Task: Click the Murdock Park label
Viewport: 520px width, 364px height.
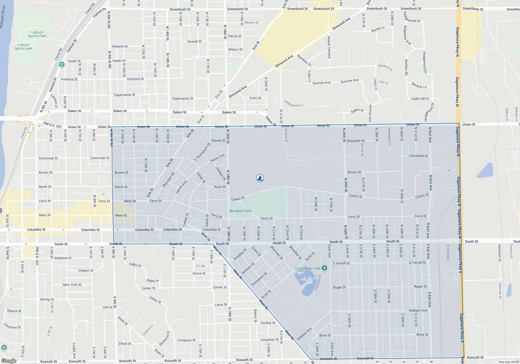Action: click(x=240, y=211)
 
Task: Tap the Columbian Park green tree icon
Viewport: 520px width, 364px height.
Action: click(x=324, y=268)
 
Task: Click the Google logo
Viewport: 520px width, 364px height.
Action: click(x=9, y=361)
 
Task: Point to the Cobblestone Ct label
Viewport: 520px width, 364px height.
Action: click(x=293, y=103)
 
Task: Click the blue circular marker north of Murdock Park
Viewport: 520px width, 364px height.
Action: click(x=260, y=178)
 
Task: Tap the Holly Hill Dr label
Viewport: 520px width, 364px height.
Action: click(x=420, y=99)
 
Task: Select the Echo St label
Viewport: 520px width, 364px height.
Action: click(x=255, y=98)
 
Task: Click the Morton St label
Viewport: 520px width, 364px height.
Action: click(x=251, y=23)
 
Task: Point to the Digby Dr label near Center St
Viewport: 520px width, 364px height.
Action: click(x=152, y=281)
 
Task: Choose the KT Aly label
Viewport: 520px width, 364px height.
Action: click(x=201, y=266)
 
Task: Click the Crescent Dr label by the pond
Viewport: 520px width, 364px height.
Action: click(x=318, y=283)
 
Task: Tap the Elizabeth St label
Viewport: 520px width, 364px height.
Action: click(x=355, y=141)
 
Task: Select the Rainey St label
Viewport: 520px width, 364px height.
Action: click(x=218, y=140)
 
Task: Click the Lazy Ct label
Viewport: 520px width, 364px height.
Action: click(x=383, y=82)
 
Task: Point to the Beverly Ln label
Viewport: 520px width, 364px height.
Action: click(x=419, y=86)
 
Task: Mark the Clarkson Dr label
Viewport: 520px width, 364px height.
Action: click(x=448, y=252)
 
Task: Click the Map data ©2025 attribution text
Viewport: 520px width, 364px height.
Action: click(x=509, y=362)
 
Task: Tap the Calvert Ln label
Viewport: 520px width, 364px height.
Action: click(x=148, y=330)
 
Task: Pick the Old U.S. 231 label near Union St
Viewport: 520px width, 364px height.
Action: click(x=53, y=125)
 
